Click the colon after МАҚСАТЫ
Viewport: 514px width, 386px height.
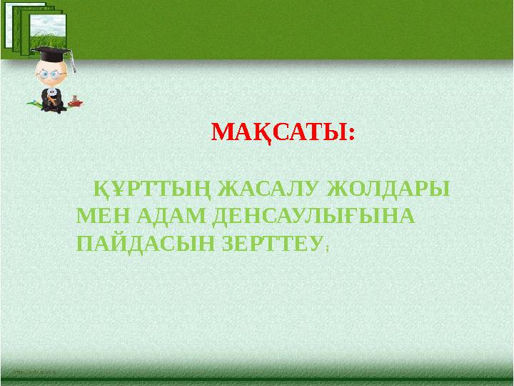pos(350,134)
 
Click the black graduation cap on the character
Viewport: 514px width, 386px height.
pos(51,54)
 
